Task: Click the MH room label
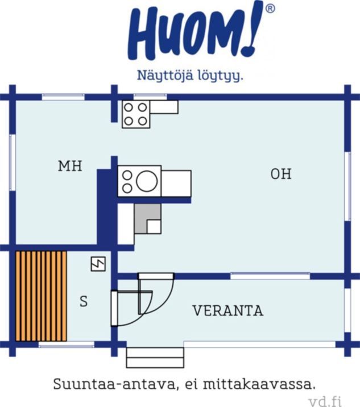tap(70, 166)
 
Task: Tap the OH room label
tap(281, 174)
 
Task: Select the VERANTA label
tap(228, 310)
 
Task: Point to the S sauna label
tap(84, 302)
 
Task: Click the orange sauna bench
tap(41, 296)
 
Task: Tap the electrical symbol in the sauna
tap(98, 264)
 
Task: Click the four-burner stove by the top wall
tap(136, 114)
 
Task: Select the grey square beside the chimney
tap(147, 218)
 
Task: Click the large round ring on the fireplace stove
tap(147, 181)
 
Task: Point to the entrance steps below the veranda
tap(155, 358)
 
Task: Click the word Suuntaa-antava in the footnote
tap(114, 384)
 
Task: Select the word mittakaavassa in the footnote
tap(259, 384)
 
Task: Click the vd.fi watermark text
tap(326, 401)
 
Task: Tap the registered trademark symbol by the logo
tap(270, 9)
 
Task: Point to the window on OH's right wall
tap(347, 186)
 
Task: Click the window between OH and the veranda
tap(270, 276)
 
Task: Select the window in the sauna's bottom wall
tap(67, 344)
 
